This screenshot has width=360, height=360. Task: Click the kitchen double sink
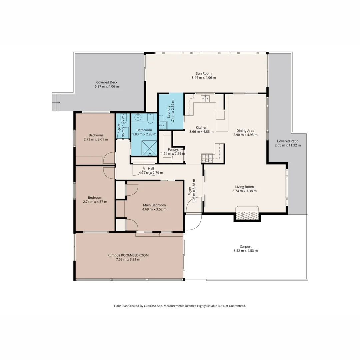pyautogui.click(x=205, y=98)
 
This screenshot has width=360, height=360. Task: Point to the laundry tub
pyautogui.click(x=163, y=125)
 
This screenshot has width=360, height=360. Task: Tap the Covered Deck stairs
pyautogui.click(x=56, y=102)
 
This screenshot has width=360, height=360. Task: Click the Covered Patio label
pyautogui.click(x=287, y=141)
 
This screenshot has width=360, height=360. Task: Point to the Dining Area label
pyautogui.click(x=245, y=130)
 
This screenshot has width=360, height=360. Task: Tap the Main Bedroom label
pyautogui.click(x=154, y=205)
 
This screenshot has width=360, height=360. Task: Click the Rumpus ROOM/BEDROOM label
pyautogui.click(x=128, y=255)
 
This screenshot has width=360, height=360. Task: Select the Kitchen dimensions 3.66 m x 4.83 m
pyautogui.click(x=201, y=132)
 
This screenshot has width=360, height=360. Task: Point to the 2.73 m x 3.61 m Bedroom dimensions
pyautogui.click(x=96, y=139)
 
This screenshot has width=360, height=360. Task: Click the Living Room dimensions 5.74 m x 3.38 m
pyautogui.click(x=244, y=191)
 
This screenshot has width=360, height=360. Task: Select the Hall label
pyautogui.click(x=151, y=168)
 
